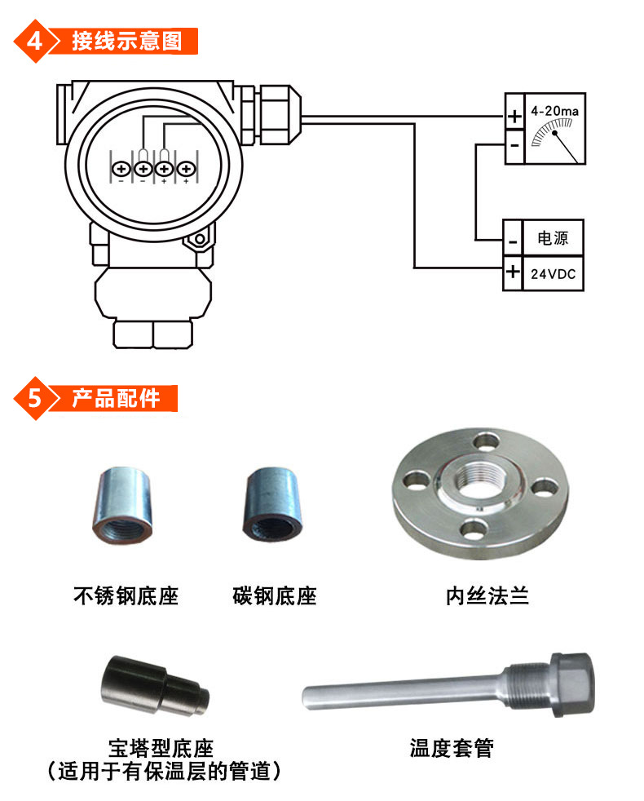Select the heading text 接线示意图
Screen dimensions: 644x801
tap(126, 41)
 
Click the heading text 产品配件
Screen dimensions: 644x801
tap(116, 398)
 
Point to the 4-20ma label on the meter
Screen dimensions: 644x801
tap(554, 111)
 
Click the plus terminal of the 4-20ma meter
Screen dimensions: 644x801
tap(514, 117)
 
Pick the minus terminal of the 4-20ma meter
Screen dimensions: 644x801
tap(514, 145)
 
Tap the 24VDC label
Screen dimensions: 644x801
tap(553, 274)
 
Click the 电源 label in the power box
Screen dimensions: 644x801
tap(553, 238)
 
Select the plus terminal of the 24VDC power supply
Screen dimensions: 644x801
tap(513, 272)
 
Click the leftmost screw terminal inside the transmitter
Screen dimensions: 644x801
tap(121, 168)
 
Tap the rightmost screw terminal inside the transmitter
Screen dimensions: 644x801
tap(186, 168)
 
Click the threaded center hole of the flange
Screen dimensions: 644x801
tap(481, 483)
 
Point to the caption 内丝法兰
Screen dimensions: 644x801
tap(487, 596)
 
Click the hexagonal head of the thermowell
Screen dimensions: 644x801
tap(574, 684)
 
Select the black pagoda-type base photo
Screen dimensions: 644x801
tap(155, 686)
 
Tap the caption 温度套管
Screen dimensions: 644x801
tap(452, 748)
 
